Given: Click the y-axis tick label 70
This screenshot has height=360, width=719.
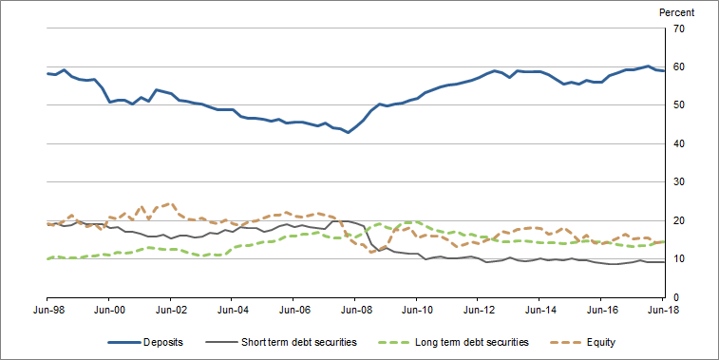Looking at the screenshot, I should pyautogui.click(x=679, y=28).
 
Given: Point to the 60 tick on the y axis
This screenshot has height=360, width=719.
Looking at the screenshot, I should pyautogui.click(x=679, y=67).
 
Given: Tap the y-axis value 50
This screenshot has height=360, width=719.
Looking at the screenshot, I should pyautogui.click(x=679, y=105).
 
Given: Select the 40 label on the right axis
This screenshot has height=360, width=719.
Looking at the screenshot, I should pyautogui.click(x=679, y=144).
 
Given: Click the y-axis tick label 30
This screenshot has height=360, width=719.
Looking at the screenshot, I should pyautogui.click(x=679, y=182).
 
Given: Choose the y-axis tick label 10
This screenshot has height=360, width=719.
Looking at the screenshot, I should pyautogui.click(x=679, y=259).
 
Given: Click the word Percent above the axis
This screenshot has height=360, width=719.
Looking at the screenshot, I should pyautogui.click(x=676, y=12).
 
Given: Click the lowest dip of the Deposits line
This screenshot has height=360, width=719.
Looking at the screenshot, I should pyautogui.click(x=349, y=132).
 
